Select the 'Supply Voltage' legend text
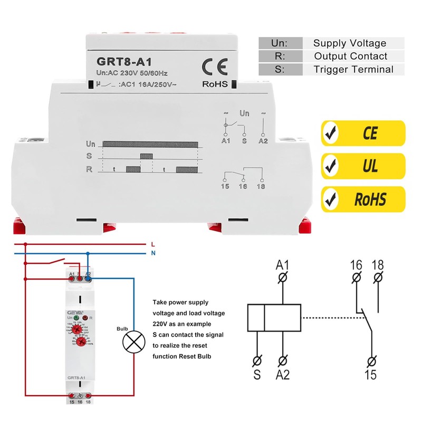click(349, 43)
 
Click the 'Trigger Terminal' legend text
click(353, 69)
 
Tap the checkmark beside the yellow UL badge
click(331, 167)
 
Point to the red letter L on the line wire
click(152, 244)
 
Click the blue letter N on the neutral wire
click(152, 253)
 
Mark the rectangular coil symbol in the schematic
click(274, 318)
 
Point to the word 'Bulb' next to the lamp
click(122, 329)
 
